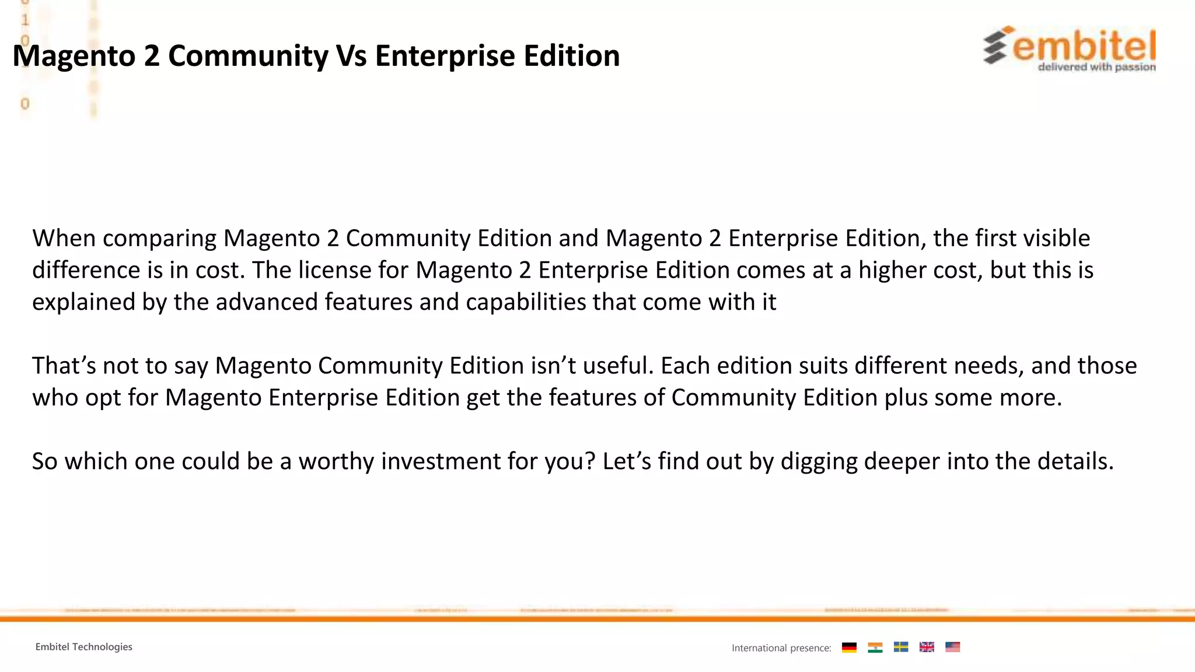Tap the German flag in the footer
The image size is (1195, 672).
(x=849, y=647)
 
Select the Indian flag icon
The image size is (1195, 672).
(x=875, y=647)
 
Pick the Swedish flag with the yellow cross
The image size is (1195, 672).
(x=901, y=647)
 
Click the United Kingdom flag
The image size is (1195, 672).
(x=927, y=647)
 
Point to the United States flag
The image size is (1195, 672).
(x=952, y=647)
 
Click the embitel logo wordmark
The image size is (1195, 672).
(x=1084, y=46)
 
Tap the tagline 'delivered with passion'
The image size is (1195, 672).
(x=1096, y=67)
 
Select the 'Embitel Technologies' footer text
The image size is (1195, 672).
(x=83, y=647)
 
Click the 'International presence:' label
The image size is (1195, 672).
(x=781, y=648)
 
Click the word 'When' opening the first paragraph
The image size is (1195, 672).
(x=64, y=239)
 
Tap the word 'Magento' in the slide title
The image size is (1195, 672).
(x=74, y=56)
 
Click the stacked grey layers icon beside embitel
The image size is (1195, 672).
(x=995, y=47)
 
